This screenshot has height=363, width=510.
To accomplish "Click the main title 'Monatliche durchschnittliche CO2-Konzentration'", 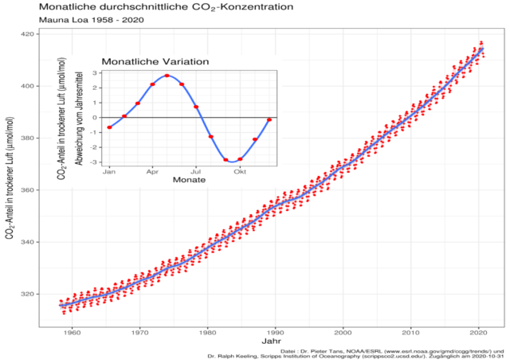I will [x=144, y=7].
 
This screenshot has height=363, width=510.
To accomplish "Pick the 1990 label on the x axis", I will [x=276, y=331].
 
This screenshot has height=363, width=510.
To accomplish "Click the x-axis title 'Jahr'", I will [x=271, y=342].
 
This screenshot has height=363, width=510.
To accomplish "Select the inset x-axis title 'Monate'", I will [x=189, y=180].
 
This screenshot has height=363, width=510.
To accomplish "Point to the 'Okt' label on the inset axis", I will [x=240, y=171].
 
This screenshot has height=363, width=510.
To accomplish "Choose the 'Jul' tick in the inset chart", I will [x=196, y=171].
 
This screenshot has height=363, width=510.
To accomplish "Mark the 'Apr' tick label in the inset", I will [x=152, y=171].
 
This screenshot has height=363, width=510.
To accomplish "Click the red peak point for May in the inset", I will [x=167, y=76].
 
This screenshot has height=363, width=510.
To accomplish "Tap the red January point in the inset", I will [x=109, y=127].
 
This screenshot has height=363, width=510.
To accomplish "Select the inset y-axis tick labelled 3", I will [x=95, y=73].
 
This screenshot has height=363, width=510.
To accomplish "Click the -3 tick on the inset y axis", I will [x=93, y=162].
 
